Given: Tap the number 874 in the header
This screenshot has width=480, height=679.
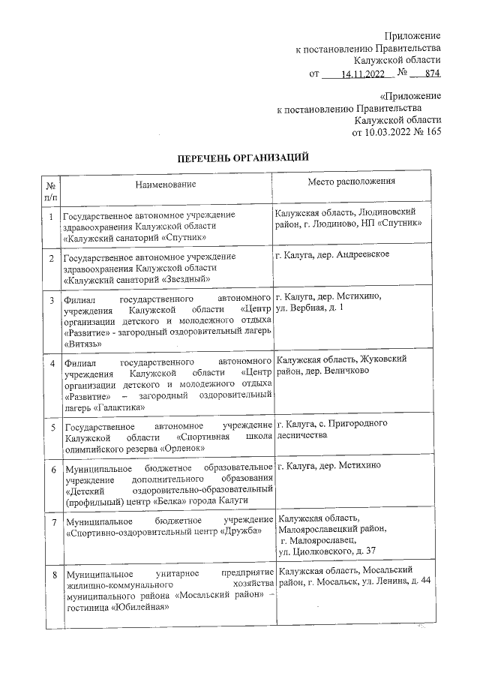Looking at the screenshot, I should click(431, 74).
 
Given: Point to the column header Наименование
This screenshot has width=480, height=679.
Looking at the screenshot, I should click(166, 184).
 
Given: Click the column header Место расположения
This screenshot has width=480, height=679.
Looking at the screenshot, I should click(351, 182).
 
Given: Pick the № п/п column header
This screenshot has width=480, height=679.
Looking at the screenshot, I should click(50, 191).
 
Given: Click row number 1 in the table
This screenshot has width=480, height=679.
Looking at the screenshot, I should click(50, 217).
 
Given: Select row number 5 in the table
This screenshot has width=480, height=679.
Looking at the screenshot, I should click(50, 428).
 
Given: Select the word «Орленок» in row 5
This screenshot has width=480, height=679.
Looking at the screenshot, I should click(182, 449).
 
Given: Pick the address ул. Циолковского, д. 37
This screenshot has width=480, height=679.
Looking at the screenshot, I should click(328, 551).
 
